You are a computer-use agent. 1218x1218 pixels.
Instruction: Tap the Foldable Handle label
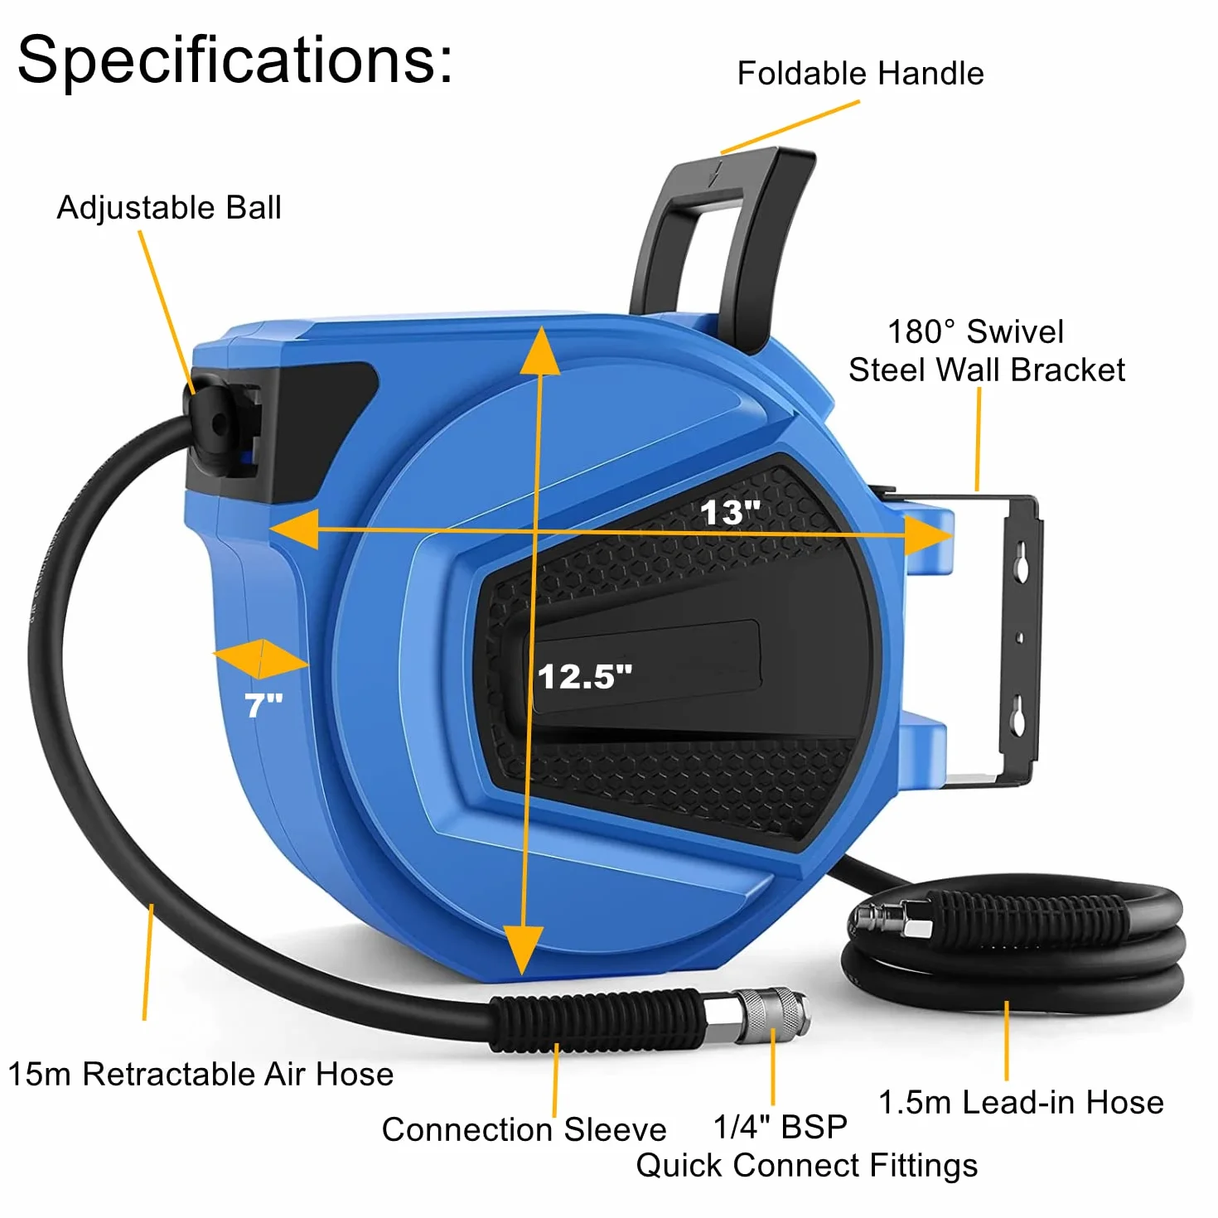click(859, 73)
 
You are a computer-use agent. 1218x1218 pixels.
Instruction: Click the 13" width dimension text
click(730, 512)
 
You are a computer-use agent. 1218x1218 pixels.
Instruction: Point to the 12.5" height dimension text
click(585, 676)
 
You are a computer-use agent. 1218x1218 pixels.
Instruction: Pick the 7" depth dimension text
click(263, 705)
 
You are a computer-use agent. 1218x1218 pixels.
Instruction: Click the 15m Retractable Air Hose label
click(201, 1074)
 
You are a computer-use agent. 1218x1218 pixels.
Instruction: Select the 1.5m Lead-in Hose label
click(1021, 1102)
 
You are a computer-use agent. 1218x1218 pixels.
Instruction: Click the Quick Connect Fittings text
click(806, 1165)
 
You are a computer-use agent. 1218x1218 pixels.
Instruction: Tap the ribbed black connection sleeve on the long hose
click(597, 1019)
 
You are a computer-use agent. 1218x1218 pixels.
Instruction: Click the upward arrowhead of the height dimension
click(541, 351)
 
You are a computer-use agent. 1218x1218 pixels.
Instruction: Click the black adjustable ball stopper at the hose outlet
click(214, 423)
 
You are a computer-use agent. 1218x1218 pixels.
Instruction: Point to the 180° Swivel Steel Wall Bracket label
click(986, 350)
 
